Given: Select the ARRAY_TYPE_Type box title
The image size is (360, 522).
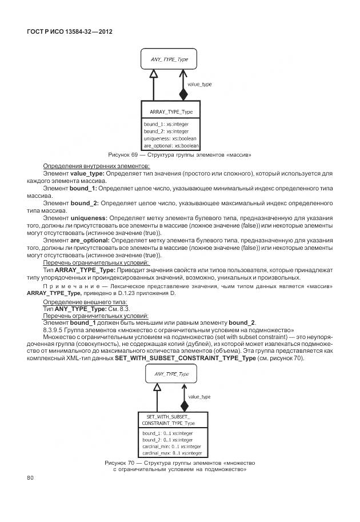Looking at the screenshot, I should (x=171, y=112).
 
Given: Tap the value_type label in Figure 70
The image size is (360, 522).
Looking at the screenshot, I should (x=199, y=396).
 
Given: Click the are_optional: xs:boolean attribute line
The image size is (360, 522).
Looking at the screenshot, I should (x=171, y=146).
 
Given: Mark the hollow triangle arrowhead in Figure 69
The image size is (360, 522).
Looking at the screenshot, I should (x=153, y=74).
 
